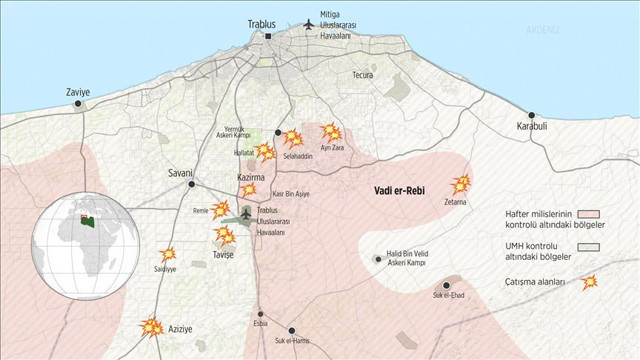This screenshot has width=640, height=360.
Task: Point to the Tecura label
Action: tap(362, 75)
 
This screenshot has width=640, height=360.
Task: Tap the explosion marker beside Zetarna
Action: tap(461, 184)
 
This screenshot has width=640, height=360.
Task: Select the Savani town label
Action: tap(180, 173)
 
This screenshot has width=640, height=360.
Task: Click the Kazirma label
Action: tap(250, 177)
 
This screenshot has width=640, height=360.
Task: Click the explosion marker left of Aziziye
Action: tap(150, 326)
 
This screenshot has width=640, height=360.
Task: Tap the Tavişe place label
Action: tap(223, 255)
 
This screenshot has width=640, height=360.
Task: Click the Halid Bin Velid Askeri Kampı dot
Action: tap(378, 259)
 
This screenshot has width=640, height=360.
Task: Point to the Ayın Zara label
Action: tap(332, 148)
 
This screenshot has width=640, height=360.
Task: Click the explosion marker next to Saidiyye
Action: tap(168, 254)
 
